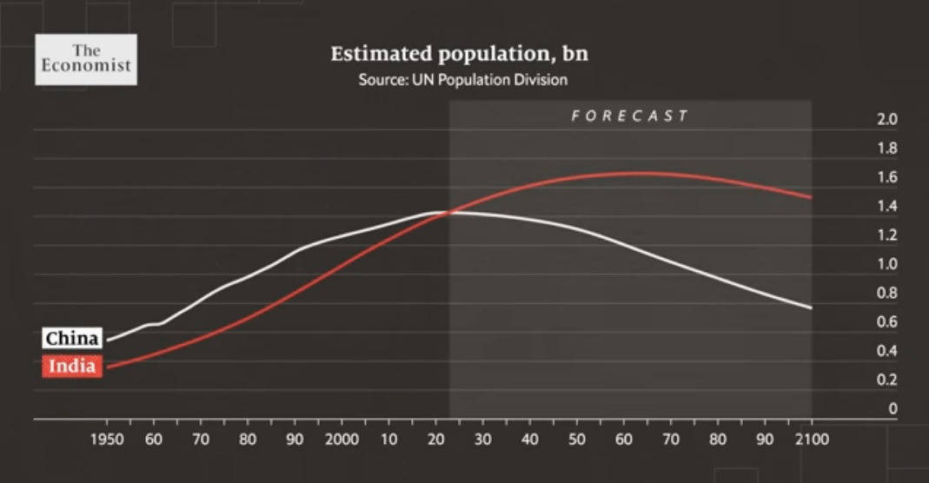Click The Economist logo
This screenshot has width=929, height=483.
(x=85, y=59)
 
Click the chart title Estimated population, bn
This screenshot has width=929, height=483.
(x=459, y=54)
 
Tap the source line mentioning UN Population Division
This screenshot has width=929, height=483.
(x=462, y=80)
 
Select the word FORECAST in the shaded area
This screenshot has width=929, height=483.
(x=630, y=116)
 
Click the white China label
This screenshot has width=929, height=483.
(x=72, y=338)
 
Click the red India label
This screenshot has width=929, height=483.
(x=71, y=367)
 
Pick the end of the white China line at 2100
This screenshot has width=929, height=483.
(x=811, y=308)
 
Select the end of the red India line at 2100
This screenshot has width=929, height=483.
(x=811, y=197)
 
